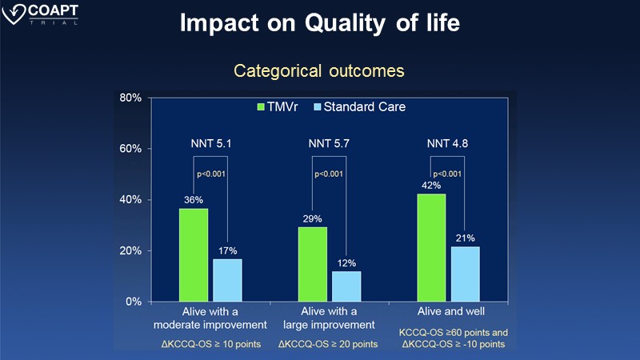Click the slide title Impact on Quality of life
point(320,23)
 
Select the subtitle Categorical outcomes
point(319,71)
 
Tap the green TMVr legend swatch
point(260,106)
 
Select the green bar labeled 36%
point(194,255)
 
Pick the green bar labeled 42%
point(432,247)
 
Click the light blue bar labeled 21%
point(466,274)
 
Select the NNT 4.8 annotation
point(448,144)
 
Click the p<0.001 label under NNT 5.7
point(329,173)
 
